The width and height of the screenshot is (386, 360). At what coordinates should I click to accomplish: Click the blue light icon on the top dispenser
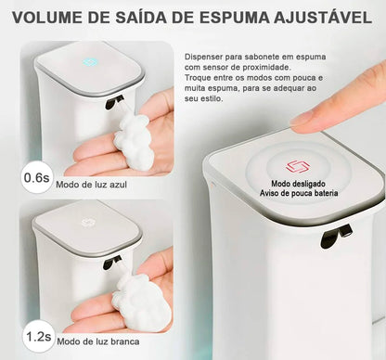(88, 63)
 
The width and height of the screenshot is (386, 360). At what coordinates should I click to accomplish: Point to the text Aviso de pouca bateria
(292, 194)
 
